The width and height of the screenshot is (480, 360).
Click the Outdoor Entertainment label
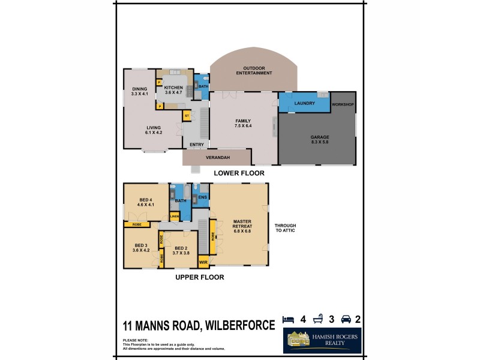coord(253,70)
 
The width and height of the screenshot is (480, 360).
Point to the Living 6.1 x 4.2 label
coord(154,130)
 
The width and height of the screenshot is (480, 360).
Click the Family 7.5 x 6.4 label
coord(243,124)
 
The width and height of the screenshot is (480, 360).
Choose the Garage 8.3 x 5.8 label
coord(319,140)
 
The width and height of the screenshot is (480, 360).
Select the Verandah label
coord(216,158)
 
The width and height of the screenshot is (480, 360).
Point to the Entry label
coord(196,144)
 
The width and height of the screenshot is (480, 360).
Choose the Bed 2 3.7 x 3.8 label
coord(178,250)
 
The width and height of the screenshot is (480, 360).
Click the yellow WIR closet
coord(203,261)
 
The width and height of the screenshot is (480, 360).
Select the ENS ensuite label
coord(202,197)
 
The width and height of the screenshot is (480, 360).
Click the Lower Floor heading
coord(239,173)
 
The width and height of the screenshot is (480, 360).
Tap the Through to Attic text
coord(286,228)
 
